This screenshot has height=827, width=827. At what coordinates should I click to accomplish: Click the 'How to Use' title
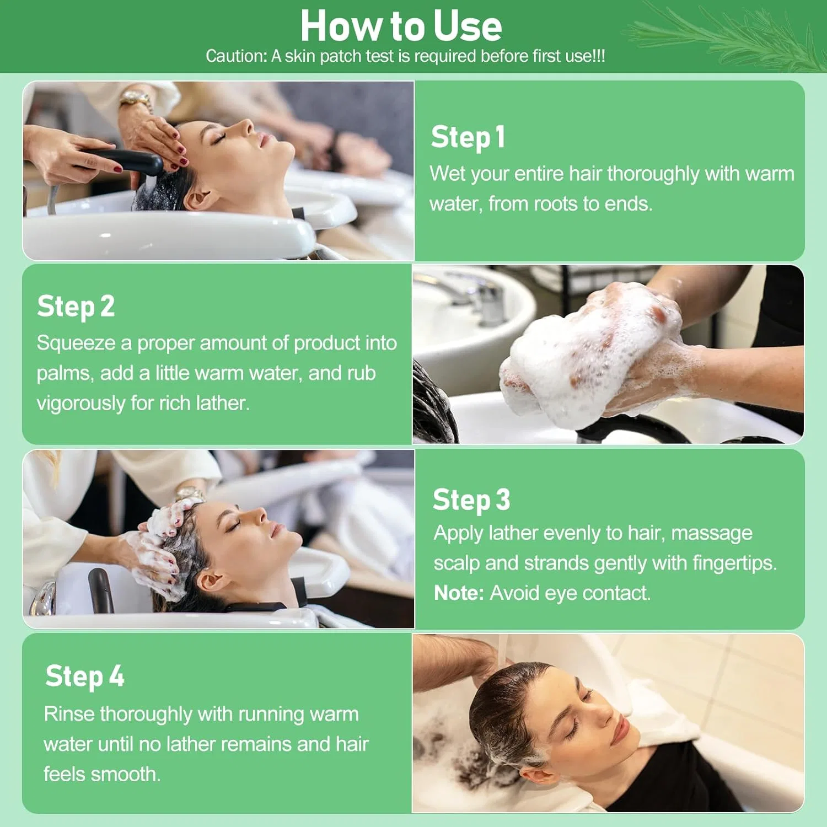point(401,26)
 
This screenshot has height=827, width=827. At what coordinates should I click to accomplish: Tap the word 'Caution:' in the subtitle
point(236,56)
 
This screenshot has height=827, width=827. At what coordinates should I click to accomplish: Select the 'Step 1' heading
point(468,137)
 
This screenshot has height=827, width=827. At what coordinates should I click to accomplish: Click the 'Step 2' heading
point(76,307)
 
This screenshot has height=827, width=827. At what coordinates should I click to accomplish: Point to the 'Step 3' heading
point(471,500)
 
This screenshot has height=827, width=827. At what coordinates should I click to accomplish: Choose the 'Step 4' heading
point(84,676)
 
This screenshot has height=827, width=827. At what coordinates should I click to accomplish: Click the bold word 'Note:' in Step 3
point(459,593)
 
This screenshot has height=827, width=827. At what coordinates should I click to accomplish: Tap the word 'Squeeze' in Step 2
point(76,343)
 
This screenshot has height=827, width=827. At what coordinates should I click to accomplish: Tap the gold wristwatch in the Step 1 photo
point(136,101)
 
